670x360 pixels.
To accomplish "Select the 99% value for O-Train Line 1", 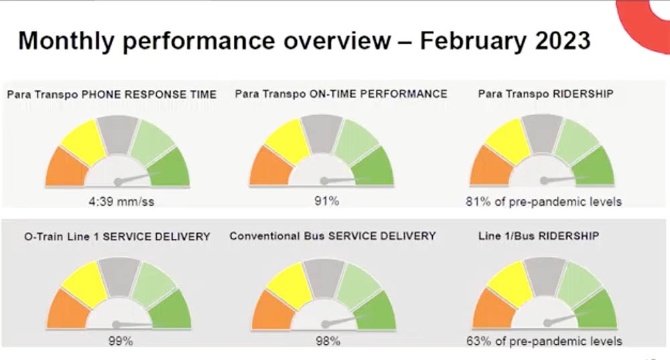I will (x=121, y=341).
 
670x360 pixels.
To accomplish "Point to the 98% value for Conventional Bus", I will (x=328, y=341).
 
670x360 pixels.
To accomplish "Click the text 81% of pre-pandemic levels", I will (x=543, y=201).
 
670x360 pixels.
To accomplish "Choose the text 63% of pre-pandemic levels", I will (x=544, y=341).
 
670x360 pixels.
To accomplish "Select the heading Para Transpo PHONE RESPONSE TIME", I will (x=112, y=95).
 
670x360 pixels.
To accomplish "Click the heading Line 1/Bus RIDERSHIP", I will (x=539, y=236).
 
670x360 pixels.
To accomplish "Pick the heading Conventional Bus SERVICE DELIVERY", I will (x=332, y=236).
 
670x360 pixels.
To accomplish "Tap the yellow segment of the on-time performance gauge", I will (x=288, y=141).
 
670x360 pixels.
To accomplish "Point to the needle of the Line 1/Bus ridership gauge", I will (x=561, y=318).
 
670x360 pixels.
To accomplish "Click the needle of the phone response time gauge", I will (x=138, y=178).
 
